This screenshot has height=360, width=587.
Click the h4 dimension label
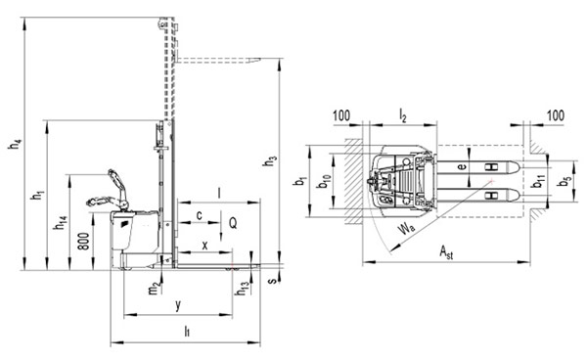pos(16,144)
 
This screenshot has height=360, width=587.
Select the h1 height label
pos(38,195)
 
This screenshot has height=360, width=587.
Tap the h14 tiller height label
pos(61,222)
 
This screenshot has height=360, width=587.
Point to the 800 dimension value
pos(84,242)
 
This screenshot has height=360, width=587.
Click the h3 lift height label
pos(270,160)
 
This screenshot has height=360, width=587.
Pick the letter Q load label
pos(233,223)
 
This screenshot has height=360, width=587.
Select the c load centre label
pos(200,215)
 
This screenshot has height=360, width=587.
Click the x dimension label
pos(204,246)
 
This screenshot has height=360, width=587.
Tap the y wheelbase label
pos(178,304)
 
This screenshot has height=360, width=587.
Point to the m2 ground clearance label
pos(155,288)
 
